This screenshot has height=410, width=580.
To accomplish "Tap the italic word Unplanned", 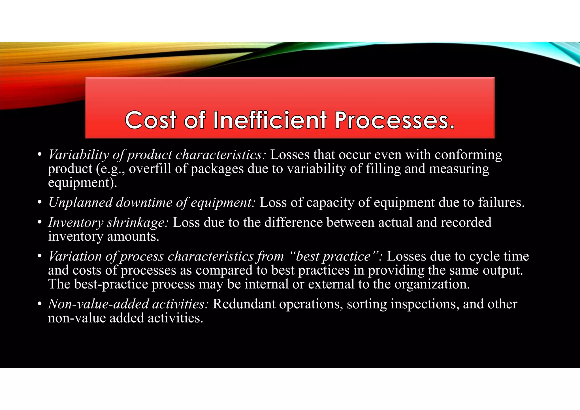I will point(80,203).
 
